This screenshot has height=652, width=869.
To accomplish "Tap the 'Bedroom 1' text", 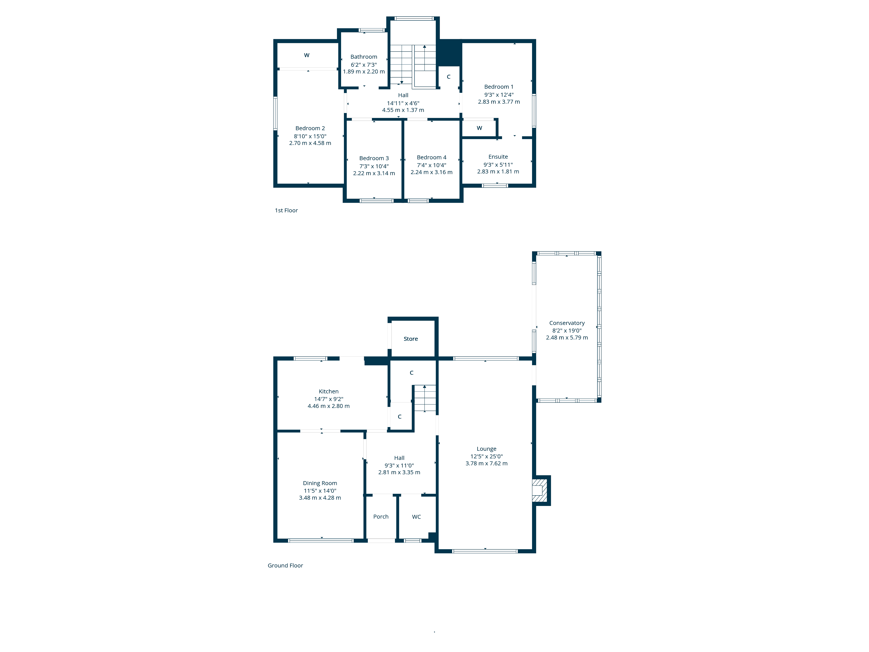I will coord(499,86).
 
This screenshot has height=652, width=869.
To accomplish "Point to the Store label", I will coord(411,339).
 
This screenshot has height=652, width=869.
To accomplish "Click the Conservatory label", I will coord(567,323).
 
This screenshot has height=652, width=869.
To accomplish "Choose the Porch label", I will coord(381,516).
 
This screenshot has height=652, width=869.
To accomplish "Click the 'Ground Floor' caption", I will coord(285,565).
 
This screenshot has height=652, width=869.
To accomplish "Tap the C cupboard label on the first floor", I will coord(448,77).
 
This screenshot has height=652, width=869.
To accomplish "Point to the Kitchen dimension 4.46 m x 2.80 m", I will coord(328,406).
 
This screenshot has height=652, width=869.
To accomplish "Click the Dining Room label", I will coord(320,483).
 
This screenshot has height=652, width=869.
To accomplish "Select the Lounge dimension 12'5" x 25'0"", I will coord(486,456).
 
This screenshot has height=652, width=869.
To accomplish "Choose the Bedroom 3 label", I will coord(374,158).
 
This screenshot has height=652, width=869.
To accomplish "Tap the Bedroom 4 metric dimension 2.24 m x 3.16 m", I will coord(431,172).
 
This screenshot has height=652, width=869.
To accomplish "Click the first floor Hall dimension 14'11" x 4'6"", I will coord(403,103).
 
